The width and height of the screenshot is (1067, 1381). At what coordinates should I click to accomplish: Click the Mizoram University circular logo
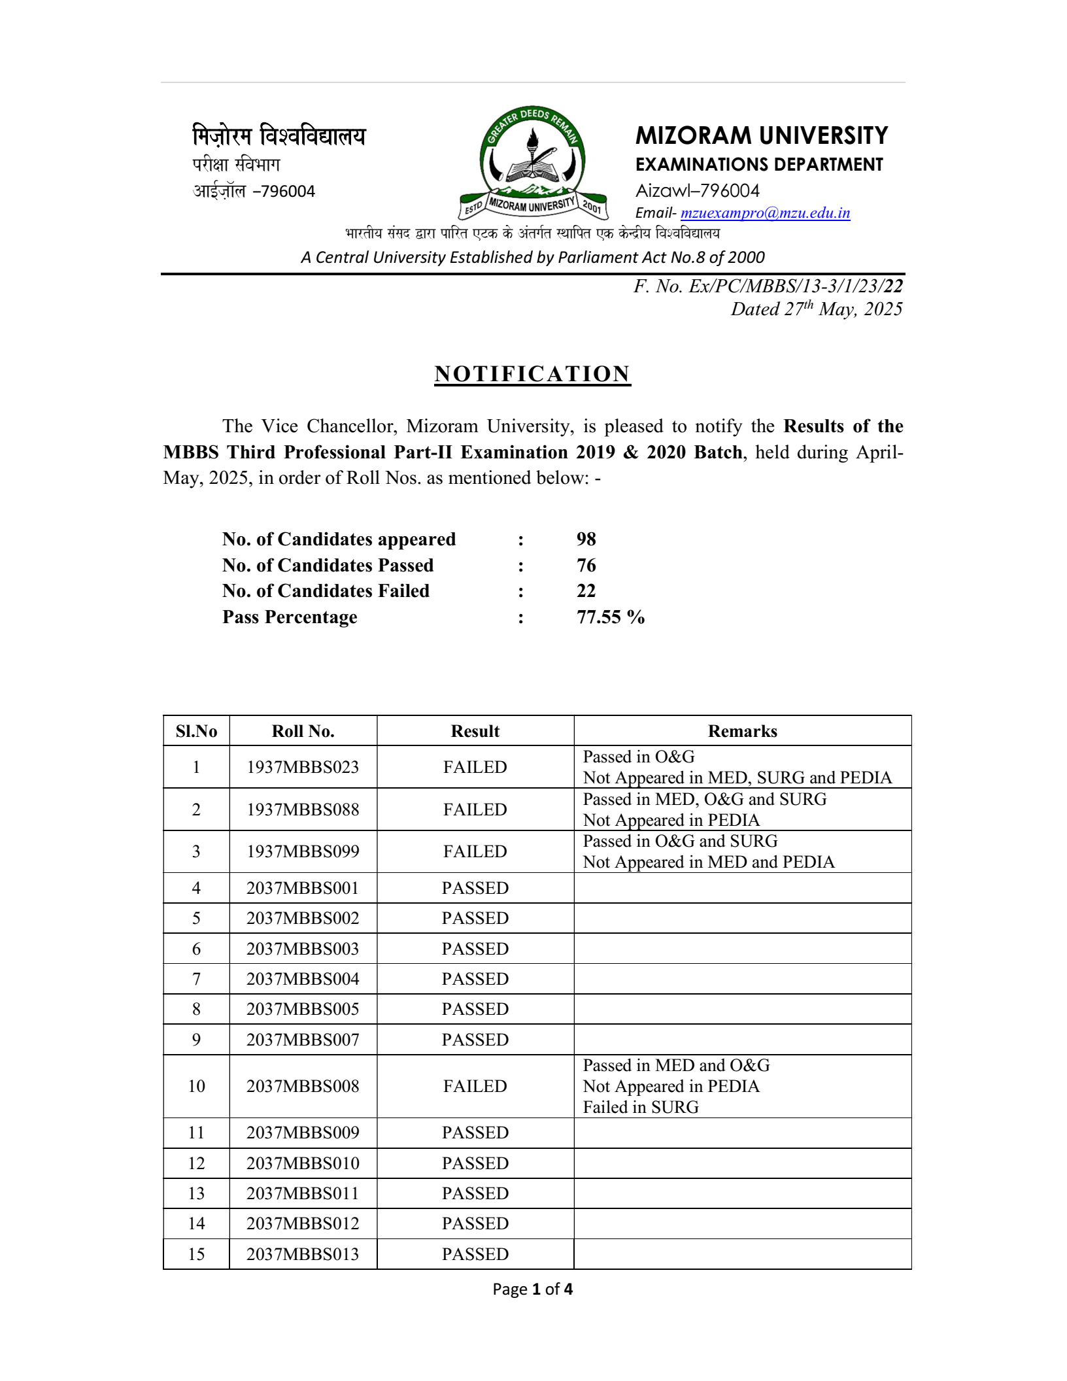[x=533, y=162]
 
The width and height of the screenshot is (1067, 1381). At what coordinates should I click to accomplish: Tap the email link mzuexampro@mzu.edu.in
[x=765, y=213]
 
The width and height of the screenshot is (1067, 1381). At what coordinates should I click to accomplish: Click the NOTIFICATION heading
[x=532, y=374]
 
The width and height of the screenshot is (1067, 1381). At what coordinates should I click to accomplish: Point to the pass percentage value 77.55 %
[x=610, y=617]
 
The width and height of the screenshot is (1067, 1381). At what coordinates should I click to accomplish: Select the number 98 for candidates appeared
[x=586, y=539]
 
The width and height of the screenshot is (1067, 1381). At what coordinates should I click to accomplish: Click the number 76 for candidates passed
[x=586, y=566]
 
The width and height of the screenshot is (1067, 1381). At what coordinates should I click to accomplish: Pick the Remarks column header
[x=742, y=731]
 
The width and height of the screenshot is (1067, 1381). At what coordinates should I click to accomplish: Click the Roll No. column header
[x=303, y=731]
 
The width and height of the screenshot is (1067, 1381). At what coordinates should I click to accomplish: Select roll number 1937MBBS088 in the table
[x=303, y=810]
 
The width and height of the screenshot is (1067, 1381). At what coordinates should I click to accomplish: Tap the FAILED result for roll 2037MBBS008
[x=475, y=1086]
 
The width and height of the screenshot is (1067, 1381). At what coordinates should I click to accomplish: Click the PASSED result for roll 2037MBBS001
[x=475, y=888]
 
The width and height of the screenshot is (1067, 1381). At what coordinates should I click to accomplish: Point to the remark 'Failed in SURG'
[x=641, y=1107]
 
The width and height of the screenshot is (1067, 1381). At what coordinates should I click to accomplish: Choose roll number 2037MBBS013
[x=303, y=1254]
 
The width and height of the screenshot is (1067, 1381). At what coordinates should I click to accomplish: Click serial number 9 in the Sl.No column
[x=196, y=1040]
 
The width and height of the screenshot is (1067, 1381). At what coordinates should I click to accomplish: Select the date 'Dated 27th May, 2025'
[x=816, y=309]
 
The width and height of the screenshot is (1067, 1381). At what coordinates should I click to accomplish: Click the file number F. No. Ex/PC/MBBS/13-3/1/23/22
[x=768, y=286]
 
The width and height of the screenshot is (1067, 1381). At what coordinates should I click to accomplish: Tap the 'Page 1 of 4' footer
[x=532, y=1289]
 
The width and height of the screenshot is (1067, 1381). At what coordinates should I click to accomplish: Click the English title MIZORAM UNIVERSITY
[x=762, y=136]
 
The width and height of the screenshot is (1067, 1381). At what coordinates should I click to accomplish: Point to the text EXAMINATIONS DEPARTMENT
[x=759, y=165]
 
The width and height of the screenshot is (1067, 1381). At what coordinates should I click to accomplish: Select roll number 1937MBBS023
[x=303, y=767]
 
